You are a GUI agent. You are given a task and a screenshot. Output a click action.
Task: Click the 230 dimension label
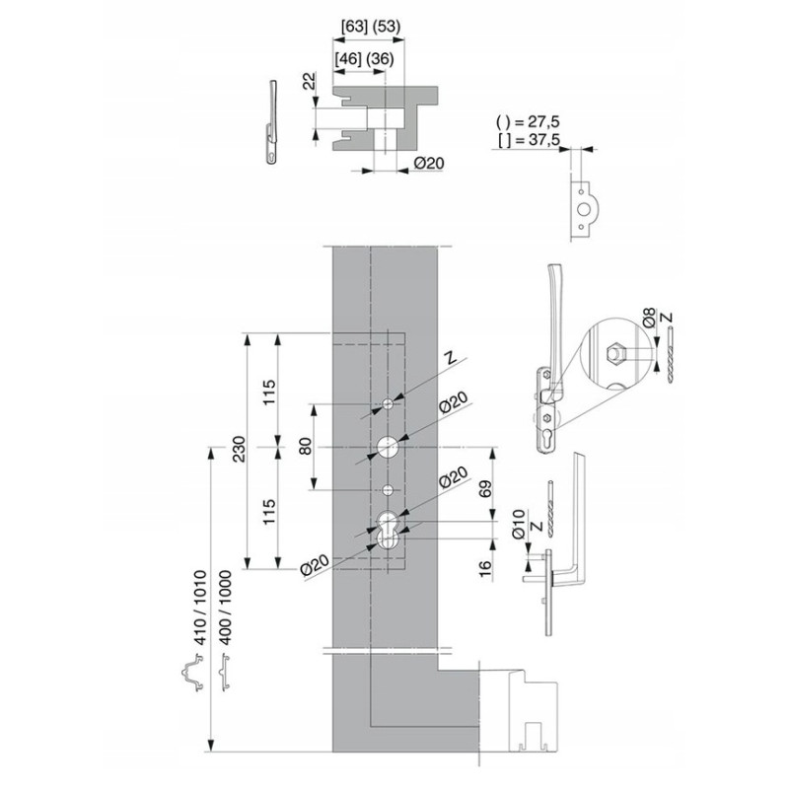point(239,449)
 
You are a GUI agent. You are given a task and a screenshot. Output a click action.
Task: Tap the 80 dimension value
point(306,447)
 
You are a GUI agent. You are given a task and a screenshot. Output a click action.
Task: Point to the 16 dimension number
point(485,569)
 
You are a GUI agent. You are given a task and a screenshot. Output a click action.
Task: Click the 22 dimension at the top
point(310,81)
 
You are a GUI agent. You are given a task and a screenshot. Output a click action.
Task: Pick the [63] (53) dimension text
point(371,27)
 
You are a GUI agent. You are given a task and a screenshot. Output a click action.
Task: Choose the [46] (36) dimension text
point(364,59)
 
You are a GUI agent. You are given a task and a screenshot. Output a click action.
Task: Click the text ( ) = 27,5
point(528,121)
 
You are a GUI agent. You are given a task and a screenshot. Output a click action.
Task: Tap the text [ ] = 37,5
point(529,140)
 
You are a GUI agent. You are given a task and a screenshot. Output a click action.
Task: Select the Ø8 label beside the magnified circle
point(650,318)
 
